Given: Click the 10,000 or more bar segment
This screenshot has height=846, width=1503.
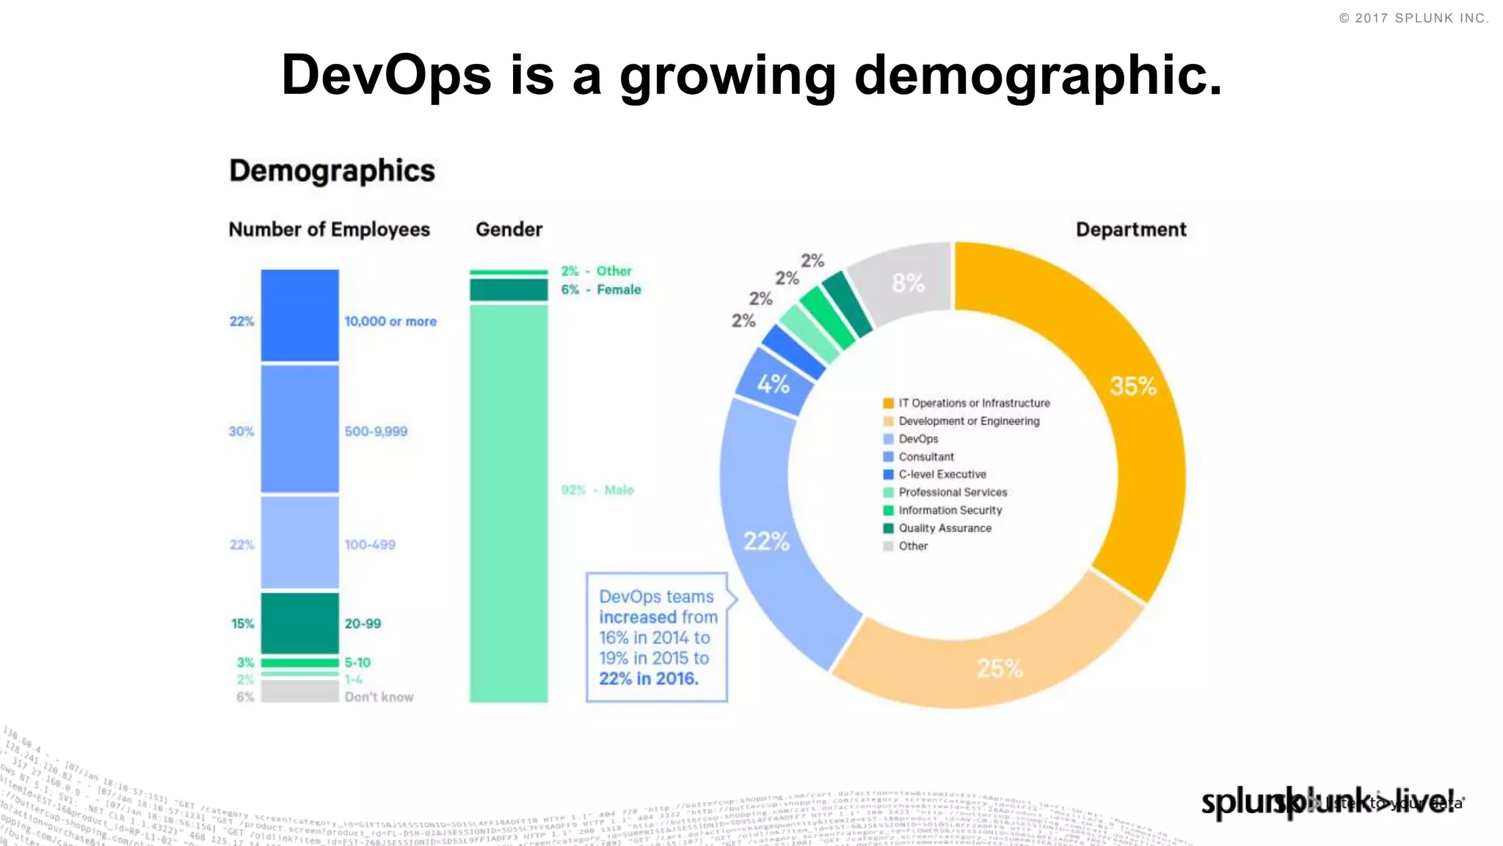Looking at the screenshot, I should click(x=299, y=315).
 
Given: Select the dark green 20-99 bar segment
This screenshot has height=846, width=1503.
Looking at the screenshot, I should click(x=299, y=623).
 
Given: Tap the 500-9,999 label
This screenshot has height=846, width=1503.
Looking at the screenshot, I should click(x=376, y=431).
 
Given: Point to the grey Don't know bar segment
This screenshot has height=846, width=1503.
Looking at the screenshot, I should click(x=299, y=691).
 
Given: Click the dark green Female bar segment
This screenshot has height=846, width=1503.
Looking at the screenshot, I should click(x=509, y=290).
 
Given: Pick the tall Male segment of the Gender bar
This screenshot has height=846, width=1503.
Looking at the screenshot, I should click(x=509, y=503).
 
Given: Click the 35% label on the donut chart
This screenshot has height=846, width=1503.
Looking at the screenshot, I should click(x=1132, y=386).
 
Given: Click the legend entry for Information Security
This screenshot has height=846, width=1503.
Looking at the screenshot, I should click(x=950, y=510).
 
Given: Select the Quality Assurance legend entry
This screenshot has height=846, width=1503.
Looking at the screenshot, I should click(x=945, y=528).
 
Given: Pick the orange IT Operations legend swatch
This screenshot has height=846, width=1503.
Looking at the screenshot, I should click(x=888, y=403).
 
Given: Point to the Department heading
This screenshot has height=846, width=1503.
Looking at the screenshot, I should click(x=1130, y=230).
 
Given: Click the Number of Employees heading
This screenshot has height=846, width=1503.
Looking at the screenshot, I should click(x=329, y=230).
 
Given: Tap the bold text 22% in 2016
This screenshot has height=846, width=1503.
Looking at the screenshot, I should click(x=648, y=679).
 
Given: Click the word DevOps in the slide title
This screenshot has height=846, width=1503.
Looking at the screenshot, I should click(x=386, y=75).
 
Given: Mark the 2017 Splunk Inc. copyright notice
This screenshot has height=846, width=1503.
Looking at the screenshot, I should click(x=1413, y=18).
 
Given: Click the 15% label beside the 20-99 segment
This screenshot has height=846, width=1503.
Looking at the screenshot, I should click(x=242, y=623).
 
